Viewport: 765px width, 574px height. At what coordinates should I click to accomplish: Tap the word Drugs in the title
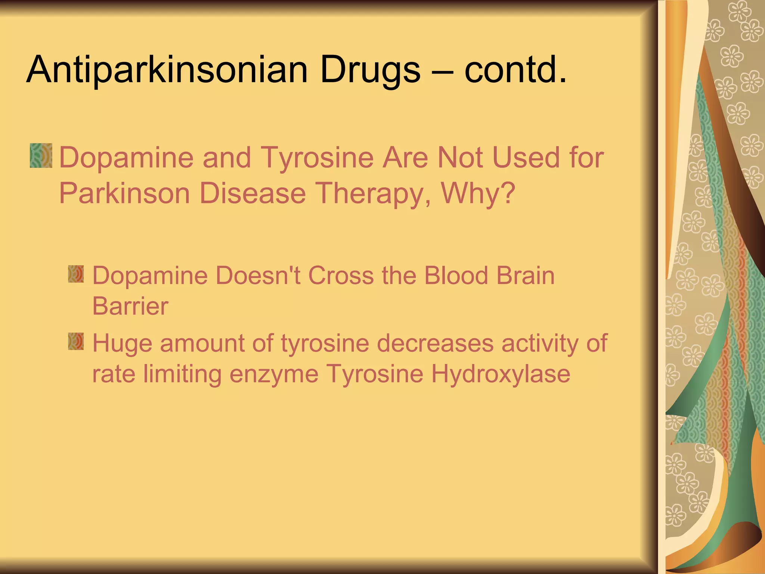point(370,70)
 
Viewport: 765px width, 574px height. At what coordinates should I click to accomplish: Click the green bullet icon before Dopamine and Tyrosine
point(41,155)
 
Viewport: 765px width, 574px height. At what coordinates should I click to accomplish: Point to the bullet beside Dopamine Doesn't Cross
point(76,274)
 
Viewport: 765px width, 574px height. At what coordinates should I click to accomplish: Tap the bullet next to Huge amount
point(76,341)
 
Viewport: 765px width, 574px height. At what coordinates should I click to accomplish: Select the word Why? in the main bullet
point(478,193)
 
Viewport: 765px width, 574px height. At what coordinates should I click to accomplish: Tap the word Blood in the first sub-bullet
point(456,276)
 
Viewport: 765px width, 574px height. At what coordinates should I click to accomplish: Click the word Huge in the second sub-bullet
point(122,343)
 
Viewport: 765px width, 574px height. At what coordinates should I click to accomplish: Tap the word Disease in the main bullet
point(253,193)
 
